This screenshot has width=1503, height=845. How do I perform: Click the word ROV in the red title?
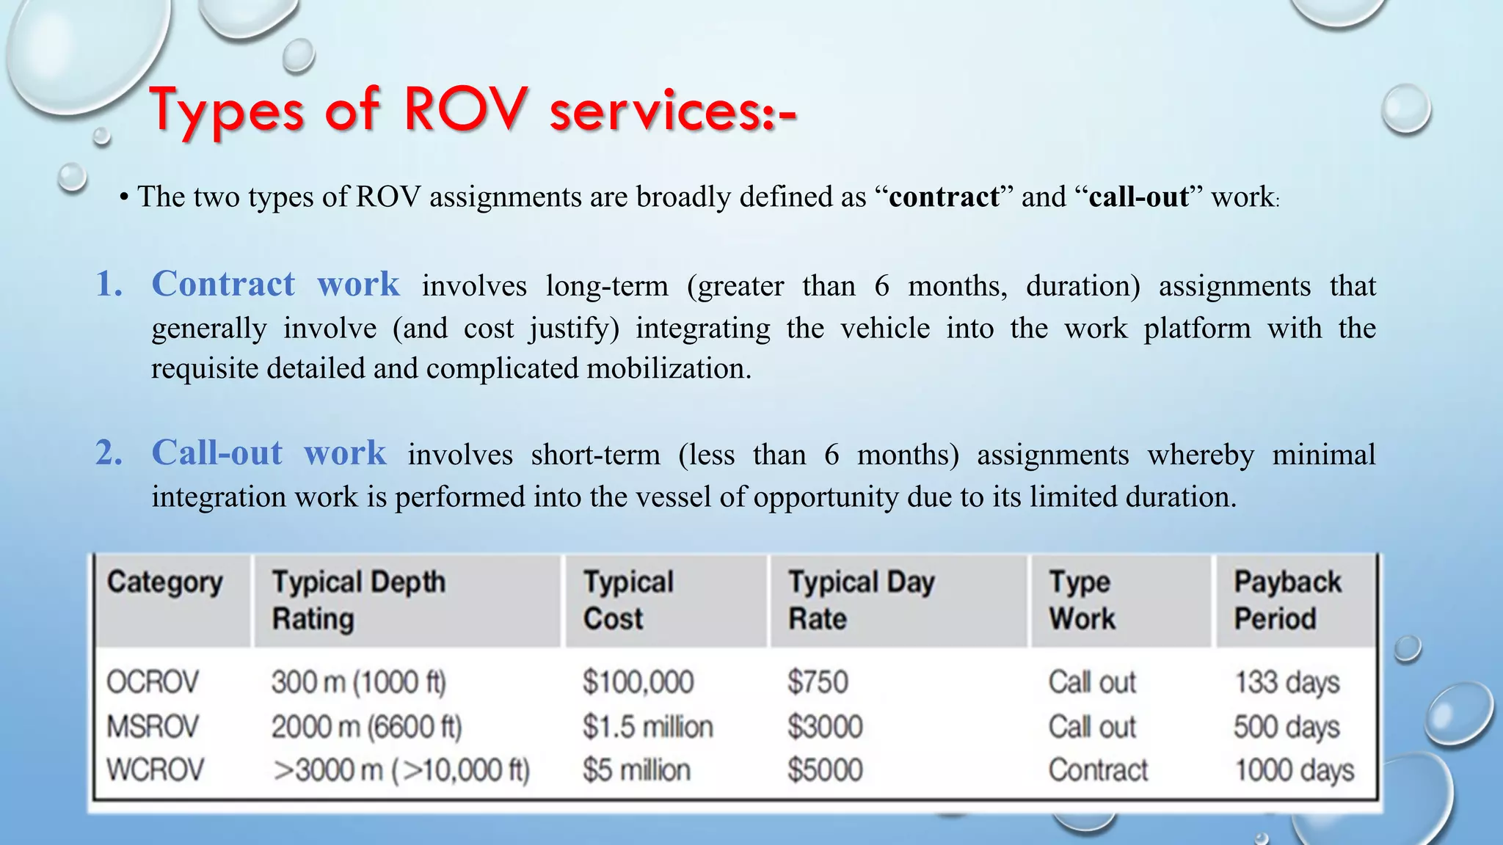[x=465, y=110]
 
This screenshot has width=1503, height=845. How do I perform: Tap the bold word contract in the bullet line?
[x=944, y=197]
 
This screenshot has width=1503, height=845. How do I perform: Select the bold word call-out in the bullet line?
[x=1138, y=197]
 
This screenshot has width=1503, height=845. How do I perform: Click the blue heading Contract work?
[x=275, y=284]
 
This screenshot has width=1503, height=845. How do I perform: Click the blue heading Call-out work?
[x=269, y=453]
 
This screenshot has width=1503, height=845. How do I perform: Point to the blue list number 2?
[x=109, y=453]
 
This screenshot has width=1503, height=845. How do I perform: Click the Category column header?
[x=165, y=582]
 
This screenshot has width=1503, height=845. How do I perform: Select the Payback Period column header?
[x=1287, y=600]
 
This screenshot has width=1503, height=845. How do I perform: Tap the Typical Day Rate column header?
[x=862, y=600]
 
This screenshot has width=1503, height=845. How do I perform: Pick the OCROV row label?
[x=153, y=682]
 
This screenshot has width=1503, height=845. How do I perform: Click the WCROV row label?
[x=156, y=770]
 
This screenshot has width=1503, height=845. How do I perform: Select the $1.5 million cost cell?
[x=647, y=727]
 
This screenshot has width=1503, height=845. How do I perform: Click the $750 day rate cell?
[x=818, y=682]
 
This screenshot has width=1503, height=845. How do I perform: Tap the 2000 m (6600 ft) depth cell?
[x=366, y=727]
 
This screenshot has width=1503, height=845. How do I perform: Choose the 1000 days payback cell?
[x=1295, y=770]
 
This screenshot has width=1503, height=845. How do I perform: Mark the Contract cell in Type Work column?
[x=1098, y=770]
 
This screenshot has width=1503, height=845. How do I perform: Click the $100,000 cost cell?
[x=638, y=682]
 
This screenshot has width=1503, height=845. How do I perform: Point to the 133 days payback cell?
[x=1287, y=682]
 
